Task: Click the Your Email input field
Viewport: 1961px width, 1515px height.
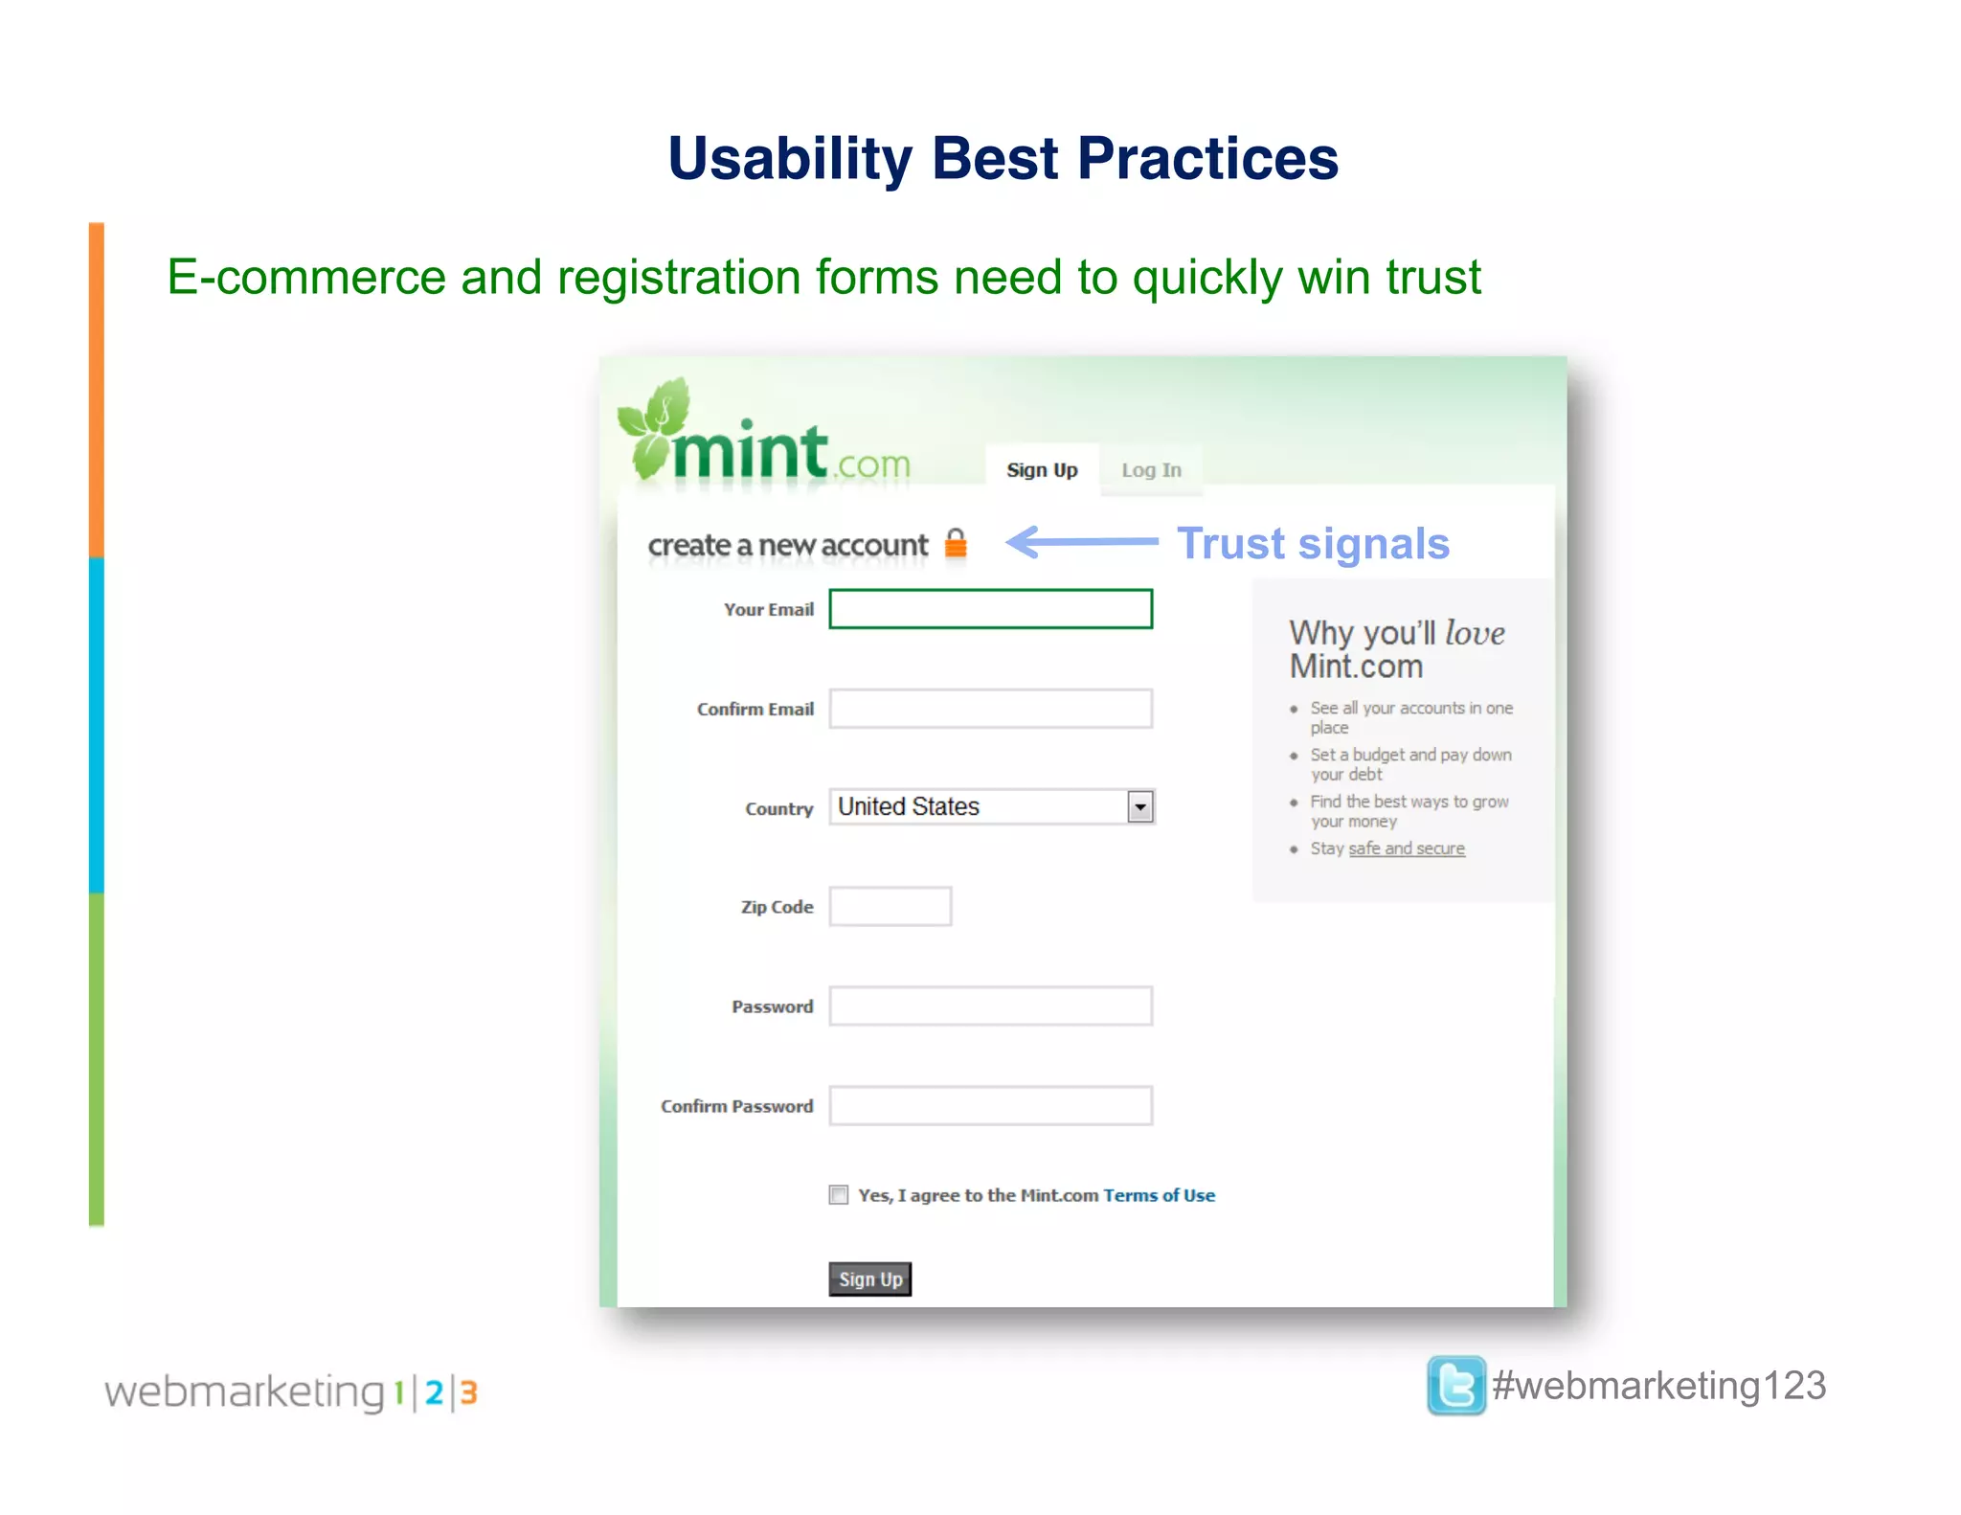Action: coord(990,609)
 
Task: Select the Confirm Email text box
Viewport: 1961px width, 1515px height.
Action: coord(990,709)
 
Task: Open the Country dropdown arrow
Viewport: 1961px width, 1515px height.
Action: coord(1139,807)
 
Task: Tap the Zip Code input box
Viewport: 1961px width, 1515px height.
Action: coord(890,907)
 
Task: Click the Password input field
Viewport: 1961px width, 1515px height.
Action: coord(990,1006)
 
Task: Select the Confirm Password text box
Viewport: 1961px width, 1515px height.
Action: coord(990,1106)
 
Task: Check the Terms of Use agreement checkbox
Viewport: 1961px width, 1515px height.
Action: coord(839,1195)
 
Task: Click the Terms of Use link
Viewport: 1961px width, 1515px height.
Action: coord(1159,1195)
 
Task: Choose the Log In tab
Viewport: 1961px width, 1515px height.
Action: coord(1151,470)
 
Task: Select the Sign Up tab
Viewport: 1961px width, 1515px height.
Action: coord(1042,470)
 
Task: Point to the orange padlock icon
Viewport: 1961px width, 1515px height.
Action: coord(956,543)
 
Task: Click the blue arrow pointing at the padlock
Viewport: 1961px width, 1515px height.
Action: coord(1082,542)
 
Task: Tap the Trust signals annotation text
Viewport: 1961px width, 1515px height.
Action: coord(1313,544)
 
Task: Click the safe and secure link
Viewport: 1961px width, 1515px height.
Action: coord(1407,848)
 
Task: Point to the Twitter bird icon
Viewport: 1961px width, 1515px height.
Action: coord(1455,1386)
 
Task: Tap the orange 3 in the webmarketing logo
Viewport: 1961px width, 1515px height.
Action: coord(468,1392)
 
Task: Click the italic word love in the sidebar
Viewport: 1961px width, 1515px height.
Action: coord(1475,634)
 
